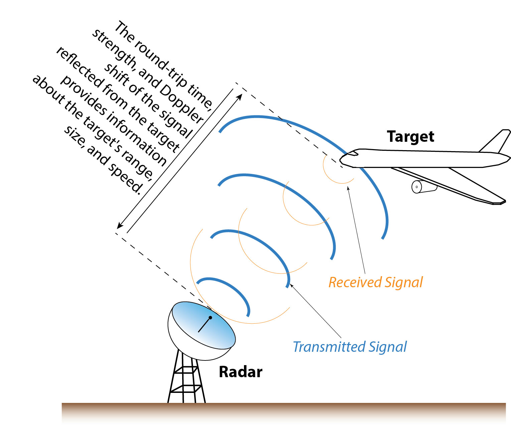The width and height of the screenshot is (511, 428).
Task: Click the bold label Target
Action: click(410, 136)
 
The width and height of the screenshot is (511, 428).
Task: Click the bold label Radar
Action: click(240, 372)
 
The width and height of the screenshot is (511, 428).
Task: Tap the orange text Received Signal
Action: click(375, 283)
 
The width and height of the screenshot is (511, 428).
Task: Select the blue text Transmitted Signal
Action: click(350, 347)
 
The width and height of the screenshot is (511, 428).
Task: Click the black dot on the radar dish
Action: click(210, 317)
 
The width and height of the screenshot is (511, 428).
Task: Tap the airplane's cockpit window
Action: click(353, 153)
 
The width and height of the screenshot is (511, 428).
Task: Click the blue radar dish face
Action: click(204, 323)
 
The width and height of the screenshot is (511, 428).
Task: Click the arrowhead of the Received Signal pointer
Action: click(348, 188)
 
